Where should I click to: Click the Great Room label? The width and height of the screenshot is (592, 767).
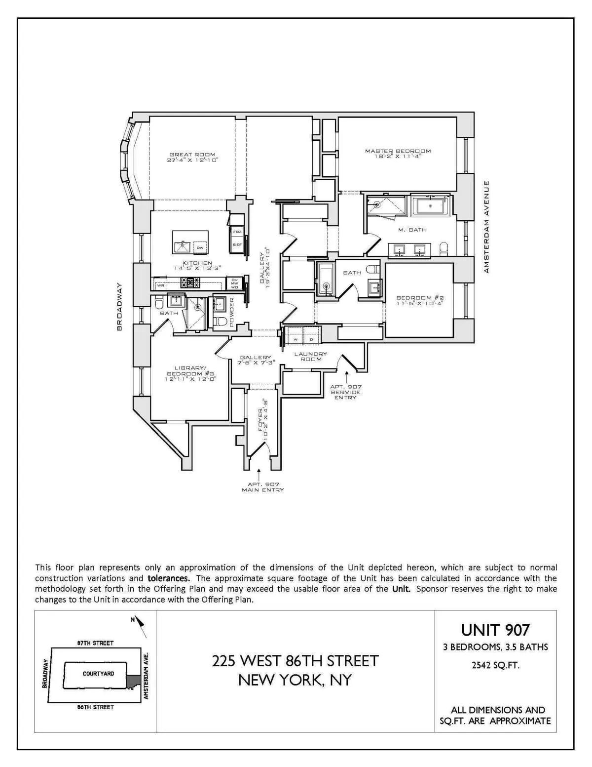[192, 155]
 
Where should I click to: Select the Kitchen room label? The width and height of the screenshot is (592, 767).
[197, 263]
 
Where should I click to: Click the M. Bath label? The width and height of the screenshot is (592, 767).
[412, 230]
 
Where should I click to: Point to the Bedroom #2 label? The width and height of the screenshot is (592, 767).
[420, 298]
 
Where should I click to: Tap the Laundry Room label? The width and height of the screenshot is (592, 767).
[311, 357]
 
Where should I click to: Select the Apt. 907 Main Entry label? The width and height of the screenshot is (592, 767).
[262, 487]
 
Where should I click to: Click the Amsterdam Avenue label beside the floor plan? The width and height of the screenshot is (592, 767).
[486, 227]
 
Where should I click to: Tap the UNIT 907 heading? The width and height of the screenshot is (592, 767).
[495, 630]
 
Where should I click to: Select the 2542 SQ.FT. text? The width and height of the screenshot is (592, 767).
[495, 665]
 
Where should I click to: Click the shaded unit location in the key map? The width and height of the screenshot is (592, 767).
[132, 682]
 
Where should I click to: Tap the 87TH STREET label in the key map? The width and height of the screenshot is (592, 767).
[95, 643]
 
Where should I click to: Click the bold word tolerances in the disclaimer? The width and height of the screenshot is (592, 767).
[168, 578]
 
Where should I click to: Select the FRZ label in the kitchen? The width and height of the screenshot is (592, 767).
[237, 232]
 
